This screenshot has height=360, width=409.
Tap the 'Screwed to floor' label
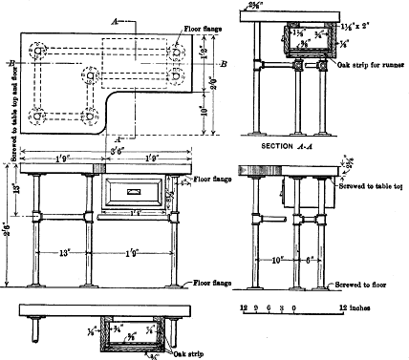(365, 285)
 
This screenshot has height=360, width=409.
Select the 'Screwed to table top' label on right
(371, 185)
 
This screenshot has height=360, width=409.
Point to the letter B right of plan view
(221, 63)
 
